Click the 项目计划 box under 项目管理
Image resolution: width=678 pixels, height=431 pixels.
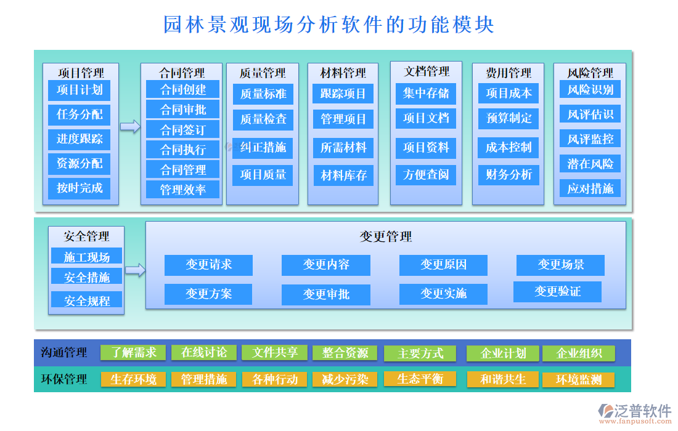[79, 90]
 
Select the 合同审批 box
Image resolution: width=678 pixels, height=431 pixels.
[182, 110]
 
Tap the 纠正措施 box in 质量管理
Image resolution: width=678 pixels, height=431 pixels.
[263, 147]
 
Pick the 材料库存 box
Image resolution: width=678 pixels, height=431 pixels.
[343, 175]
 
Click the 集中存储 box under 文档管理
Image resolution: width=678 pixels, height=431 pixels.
[426, 94]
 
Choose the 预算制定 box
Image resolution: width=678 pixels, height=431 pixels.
[508, 118]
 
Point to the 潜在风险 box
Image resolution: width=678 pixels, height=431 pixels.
[590, 164]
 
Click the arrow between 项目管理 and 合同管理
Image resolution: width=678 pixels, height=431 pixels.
[130, 127]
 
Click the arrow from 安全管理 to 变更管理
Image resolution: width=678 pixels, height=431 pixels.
[135, 270]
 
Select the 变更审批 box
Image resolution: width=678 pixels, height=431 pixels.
[326, 294]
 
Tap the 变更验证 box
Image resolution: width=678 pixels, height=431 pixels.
[557, 291]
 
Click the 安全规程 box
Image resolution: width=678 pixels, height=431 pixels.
[87, 301]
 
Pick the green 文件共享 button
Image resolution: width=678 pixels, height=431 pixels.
[275, 353]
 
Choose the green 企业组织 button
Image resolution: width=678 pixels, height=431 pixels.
[579, 353]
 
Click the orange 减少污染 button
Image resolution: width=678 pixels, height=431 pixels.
[345, 379]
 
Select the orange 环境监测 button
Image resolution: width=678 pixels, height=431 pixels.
[578, 380]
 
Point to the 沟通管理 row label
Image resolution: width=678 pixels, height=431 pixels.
[63, 353]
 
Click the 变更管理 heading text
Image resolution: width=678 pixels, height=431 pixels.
[386, 236]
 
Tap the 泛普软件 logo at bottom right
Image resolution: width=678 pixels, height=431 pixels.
[634, 412]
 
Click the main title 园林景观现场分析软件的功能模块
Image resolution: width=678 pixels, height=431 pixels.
[328, 25]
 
